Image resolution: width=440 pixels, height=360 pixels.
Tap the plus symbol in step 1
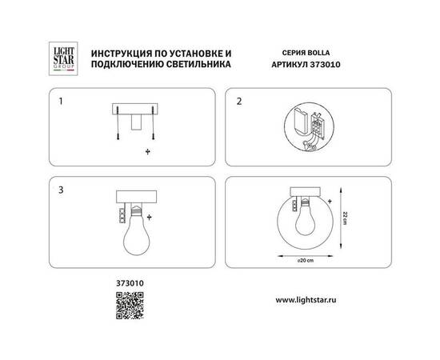[147, 151]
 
